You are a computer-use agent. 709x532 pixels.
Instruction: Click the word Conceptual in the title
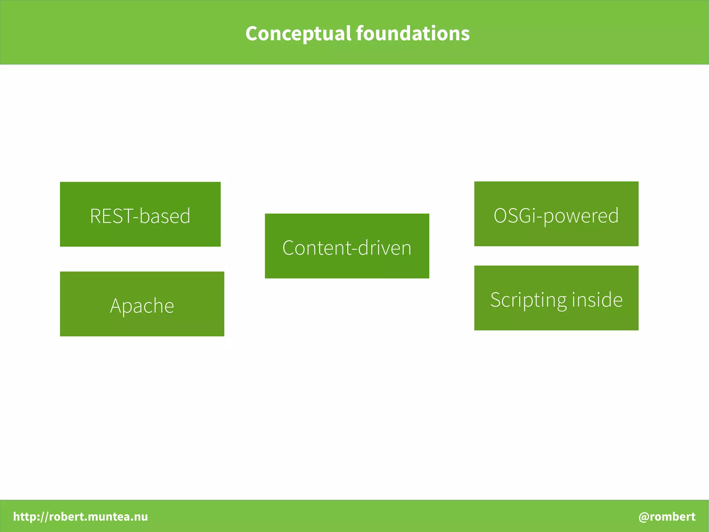tap(298, 34)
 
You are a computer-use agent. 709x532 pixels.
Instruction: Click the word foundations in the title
tap(413, 34)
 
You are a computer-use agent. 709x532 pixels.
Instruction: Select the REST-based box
tap(140, 214)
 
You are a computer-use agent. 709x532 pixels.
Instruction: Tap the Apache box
tap(142, 304)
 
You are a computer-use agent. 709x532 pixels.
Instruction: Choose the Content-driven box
tap(347, 246)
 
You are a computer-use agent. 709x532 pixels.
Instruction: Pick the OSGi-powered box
tap(556, 214)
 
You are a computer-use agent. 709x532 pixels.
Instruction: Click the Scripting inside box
tap(556, 298)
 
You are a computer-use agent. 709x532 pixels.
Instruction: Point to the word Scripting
tap(528, 300)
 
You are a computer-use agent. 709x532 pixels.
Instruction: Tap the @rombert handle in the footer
tap(667, 516)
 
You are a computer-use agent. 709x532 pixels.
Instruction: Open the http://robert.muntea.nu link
tap(80, 516)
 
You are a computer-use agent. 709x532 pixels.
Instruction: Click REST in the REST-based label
tap(111, 216)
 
